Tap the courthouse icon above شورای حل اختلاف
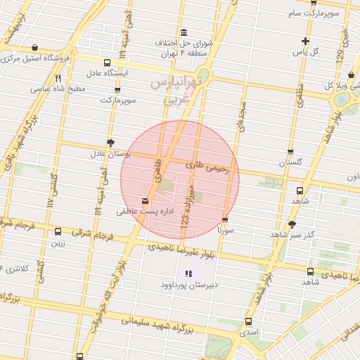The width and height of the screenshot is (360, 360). (184, 32)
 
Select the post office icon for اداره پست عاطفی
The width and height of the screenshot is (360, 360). (146, 201)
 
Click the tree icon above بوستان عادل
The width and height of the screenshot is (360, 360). (110, 143)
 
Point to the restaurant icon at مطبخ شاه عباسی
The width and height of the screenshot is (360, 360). (58, 79)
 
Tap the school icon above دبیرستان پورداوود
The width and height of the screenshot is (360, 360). (188, 274)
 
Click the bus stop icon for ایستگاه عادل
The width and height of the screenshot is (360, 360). (106, 63)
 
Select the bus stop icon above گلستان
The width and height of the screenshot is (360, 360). (290, 152)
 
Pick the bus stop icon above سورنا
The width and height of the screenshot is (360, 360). (225, 220)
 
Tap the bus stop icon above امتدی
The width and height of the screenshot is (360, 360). (247, 321)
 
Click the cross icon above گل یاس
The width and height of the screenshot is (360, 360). (305, 41)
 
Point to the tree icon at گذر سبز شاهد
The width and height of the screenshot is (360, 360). (292, 224)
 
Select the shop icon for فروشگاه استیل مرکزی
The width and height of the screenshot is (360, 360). (34, 48)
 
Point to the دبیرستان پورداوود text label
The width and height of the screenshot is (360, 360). (187, 285)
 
